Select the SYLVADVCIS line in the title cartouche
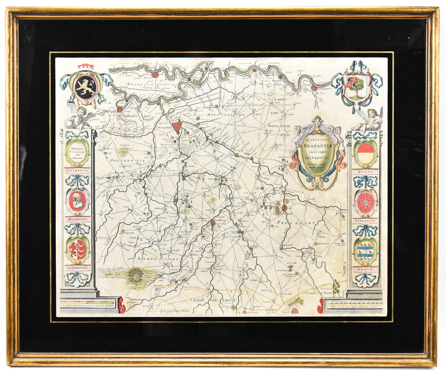pos(319,159)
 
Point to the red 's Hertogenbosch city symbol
pos(177,126)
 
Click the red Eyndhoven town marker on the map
pos(212,222)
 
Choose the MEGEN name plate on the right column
pos(365,172)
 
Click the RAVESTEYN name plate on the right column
pos(365,221)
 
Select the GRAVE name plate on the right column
pos(365,269)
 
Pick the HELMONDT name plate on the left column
pos(77,219)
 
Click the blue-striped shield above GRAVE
pos(365,251)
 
